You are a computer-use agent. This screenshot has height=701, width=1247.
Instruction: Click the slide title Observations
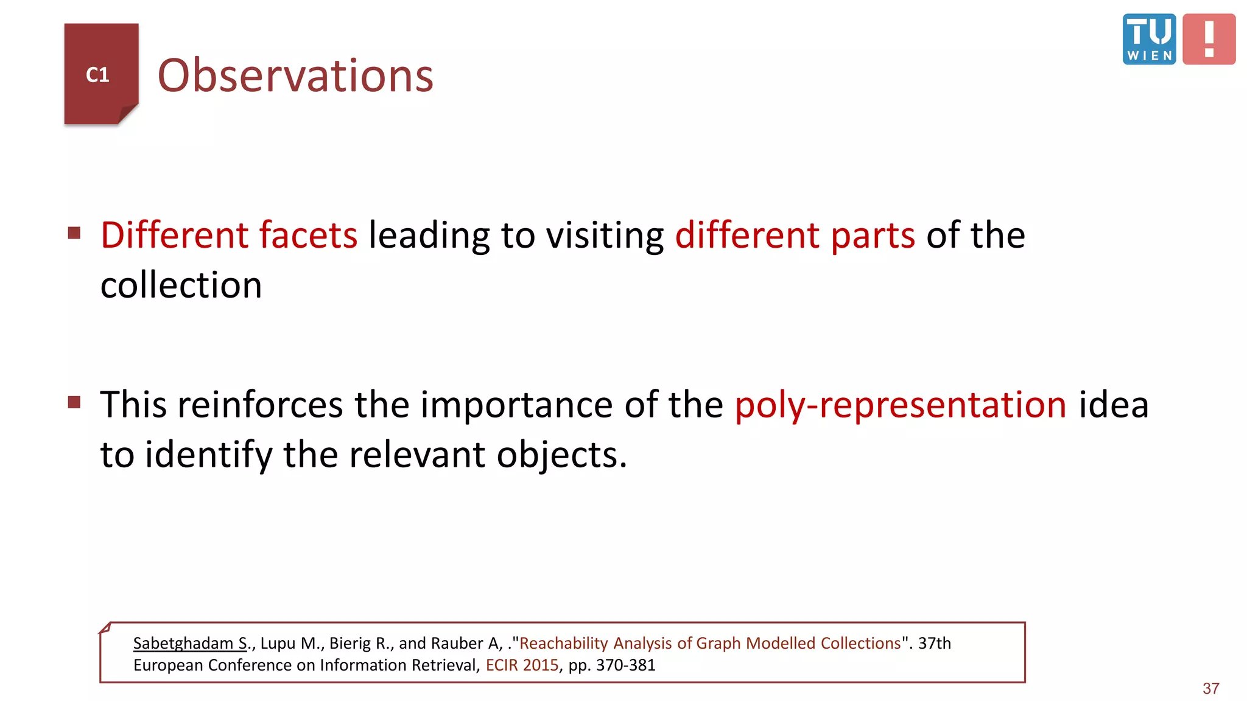tap(295, 75)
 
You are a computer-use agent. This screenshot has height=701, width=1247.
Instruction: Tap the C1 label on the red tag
tap(97, 75)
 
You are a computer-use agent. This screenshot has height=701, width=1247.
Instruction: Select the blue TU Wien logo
tap(1149, 39)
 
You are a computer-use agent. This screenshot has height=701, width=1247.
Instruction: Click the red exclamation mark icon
tap(1209, 39)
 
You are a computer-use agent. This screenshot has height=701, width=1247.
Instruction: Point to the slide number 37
tap(1210, 688)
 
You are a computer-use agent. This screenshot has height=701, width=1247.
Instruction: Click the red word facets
tap(308, 235)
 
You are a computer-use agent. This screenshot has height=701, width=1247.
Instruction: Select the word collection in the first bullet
tap(181, 285)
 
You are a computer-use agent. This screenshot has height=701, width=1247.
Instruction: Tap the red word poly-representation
tap(901, 405)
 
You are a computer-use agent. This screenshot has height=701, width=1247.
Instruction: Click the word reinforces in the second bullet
tap(261, 405)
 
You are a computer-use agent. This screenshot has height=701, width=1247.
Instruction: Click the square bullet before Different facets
tap(74, 233)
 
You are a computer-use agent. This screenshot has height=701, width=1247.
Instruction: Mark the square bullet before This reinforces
tap(74, 402)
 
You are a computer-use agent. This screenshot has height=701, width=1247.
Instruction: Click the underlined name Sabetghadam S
tap(191, 643)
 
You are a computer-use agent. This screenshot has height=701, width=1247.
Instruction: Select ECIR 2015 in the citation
tap(522, 665)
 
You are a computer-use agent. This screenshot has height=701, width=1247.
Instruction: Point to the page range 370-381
tap(625, 665)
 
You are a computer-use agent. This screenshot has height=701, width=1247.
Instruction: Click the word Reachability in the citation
tap(564, 643)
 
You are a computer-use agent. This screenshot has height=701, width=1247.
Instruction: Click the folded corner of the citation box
tap(105, 628)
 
